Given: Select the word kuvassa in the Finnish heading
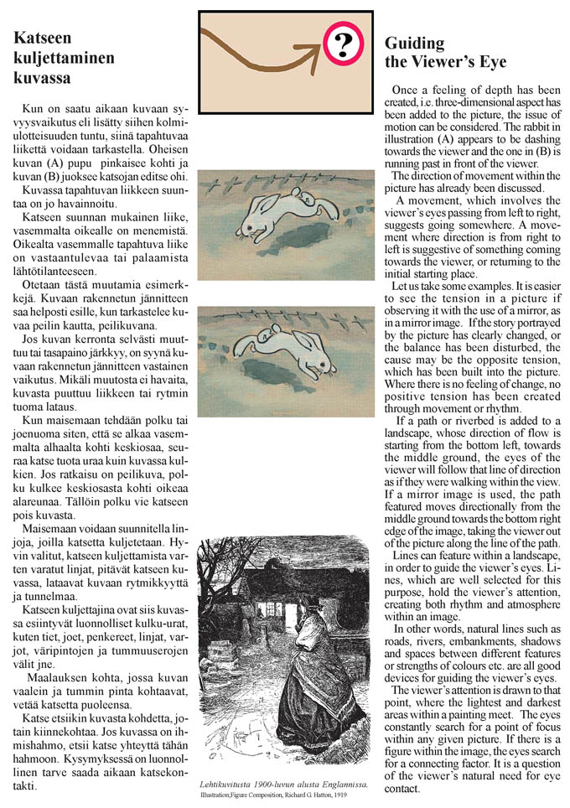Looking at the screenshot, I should [42, 79].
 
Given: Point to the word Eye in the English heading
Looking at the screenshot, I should [491, 62].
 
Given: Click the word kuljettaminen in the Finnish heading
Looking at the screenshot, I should [64, 58].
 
